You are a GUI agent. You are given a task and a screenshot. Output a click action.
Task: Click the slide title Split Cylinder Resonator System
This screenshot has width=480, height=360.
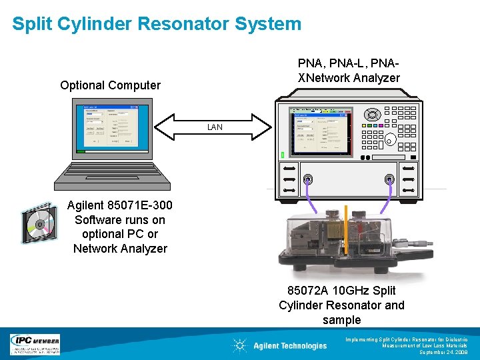[x=157, y=25]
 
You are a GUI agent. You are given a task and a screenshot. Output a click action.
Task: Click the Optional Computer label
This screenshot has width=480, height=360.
[x=110, y=85]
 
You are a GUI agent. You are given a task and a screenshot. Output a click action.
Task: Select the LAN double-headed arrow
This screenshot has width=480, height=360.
[x=214, y=127]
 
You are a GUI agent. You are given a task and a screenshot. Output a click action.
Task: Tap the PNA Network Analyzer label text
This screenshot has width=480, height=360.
[x=349, y=71]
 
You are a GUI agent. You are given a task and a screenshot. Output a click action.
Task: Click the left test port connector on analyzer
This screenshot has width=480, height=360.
[x=307, y=179]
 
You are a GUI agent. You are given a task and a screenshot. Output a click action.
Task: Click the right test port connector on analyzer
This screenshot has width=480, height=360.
[x=389, y=179]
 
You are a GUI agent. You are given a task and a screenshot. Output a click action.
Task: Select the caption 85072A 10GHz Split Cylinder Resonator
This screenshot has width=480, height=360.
[x=341, y=298]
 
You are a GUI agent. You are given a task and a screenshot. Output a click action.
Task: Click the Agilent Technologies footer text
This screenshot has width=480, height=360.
[x=290, y=345]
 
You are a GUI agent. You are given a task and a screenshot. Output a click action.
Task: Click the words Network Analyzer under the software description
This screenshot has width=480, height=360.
[x=120, y=249]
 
